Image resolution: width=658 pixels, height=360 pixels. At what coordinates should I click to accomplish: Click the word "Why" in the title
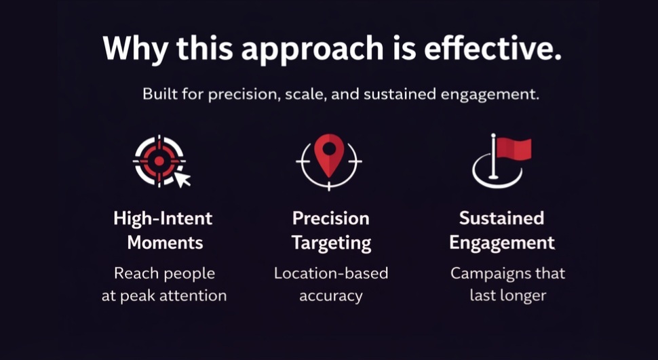point(135,49)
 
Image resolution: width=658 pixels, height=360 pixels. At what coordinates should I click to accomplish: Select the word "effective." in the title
point(492,48)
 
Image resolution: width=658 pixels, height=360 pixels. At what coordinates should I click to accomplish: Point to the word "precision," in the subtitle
point(244,94)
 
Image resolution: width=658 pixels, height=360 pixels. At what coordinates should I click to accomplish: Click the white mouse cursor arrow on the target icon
point(182,179)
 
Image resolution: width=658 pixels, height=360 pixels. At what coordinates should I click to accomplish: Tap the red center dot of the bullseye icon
point(159,161)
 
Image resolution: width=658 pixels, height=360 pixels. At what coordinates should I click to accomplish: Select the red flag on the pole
point(514,148)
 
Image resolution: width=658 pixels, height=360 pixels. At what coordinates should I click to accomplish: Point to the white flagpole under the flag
point(494,157)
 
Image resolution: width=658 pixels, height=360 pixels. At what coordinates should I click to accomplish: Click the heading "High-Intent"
point(163,218)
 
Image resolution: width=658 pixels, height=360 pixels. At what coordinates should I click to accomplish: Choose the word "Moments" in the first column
point(165,243)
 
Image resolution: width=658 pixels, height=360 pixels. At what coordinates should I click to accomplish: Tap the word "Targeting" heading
point(331,243)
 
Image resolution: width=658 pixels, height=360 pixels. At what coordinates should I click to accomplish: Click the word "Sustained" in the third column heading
point(501,218)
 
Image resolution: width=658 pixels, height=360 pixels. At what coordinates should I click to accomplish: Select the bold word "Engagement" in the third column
point(502,243)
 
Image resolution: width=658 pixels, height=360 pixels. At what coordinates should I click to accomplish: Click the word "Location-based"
point(331,274)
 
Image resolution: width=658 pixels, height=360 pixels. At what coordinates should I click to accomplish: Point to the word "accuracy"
point(330,296)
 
